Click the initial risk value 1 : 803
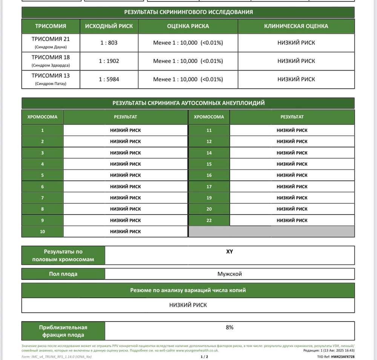pos(109,43)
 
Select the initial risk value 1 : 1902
pos(109,61)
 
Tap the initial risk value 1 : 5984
pos(109,79)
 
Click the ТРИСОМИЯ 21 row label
pos(51,39)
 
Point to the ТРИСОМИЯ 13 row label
pos(51,75)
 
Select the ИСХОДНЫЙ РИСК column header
pos(109,26)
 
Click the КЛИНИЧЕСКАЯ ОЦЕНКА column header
pos(296,26)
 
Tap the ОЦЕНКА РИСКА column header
pos(188,26)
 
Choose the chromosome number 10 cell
pos(42,231)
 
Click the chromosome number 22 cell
pos(209,220)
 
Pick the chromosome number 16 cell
pos(209,175)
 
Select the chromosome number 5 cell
pos(42,175)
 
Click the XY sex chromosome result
pos(229,252)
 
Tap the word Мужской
pos(229,274)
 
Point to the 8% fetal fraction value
pos(229,327)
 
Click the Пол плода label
pos(63,274)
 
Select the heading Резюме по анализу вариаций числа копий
pos(188,290)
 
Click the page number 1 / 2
pos(204,357)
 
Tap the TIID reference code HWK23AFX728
pos(343,357)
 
